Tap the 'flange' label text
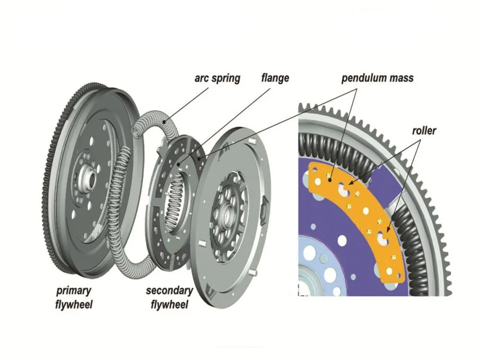pos(275,77)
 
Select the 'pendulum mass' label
pos(377,78)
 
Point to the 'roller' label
pos(423,130)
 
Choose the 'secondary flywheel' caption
pos(169,298)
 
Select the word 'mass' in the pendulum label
pos(401,78)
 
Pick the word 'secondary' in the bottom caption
pos(169,291)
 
